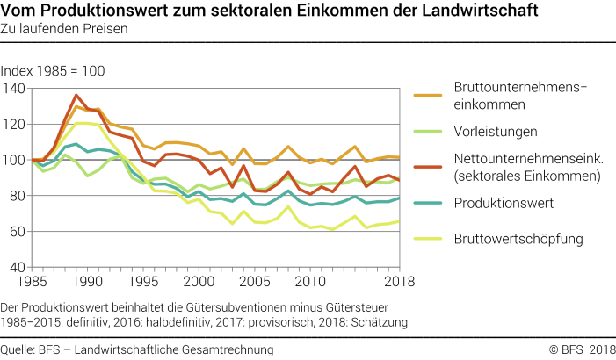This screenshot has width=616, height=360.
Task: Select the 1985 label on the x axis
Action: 33,281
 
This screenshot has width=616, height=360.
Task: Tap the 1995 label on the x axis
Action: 143,281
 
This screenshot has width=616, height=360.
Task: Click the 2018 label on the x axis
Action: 384,281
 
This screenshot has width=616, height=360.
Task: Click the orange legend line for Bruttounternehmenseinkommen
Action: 427,94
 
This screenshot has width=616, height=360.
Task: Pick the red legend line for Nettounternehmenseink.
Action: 427,167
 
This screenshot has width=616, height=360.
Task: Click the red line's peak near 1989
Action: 77,95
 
